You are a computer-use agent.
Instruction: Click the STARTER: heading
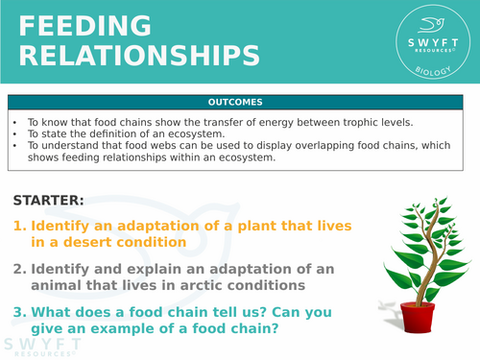48,200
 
